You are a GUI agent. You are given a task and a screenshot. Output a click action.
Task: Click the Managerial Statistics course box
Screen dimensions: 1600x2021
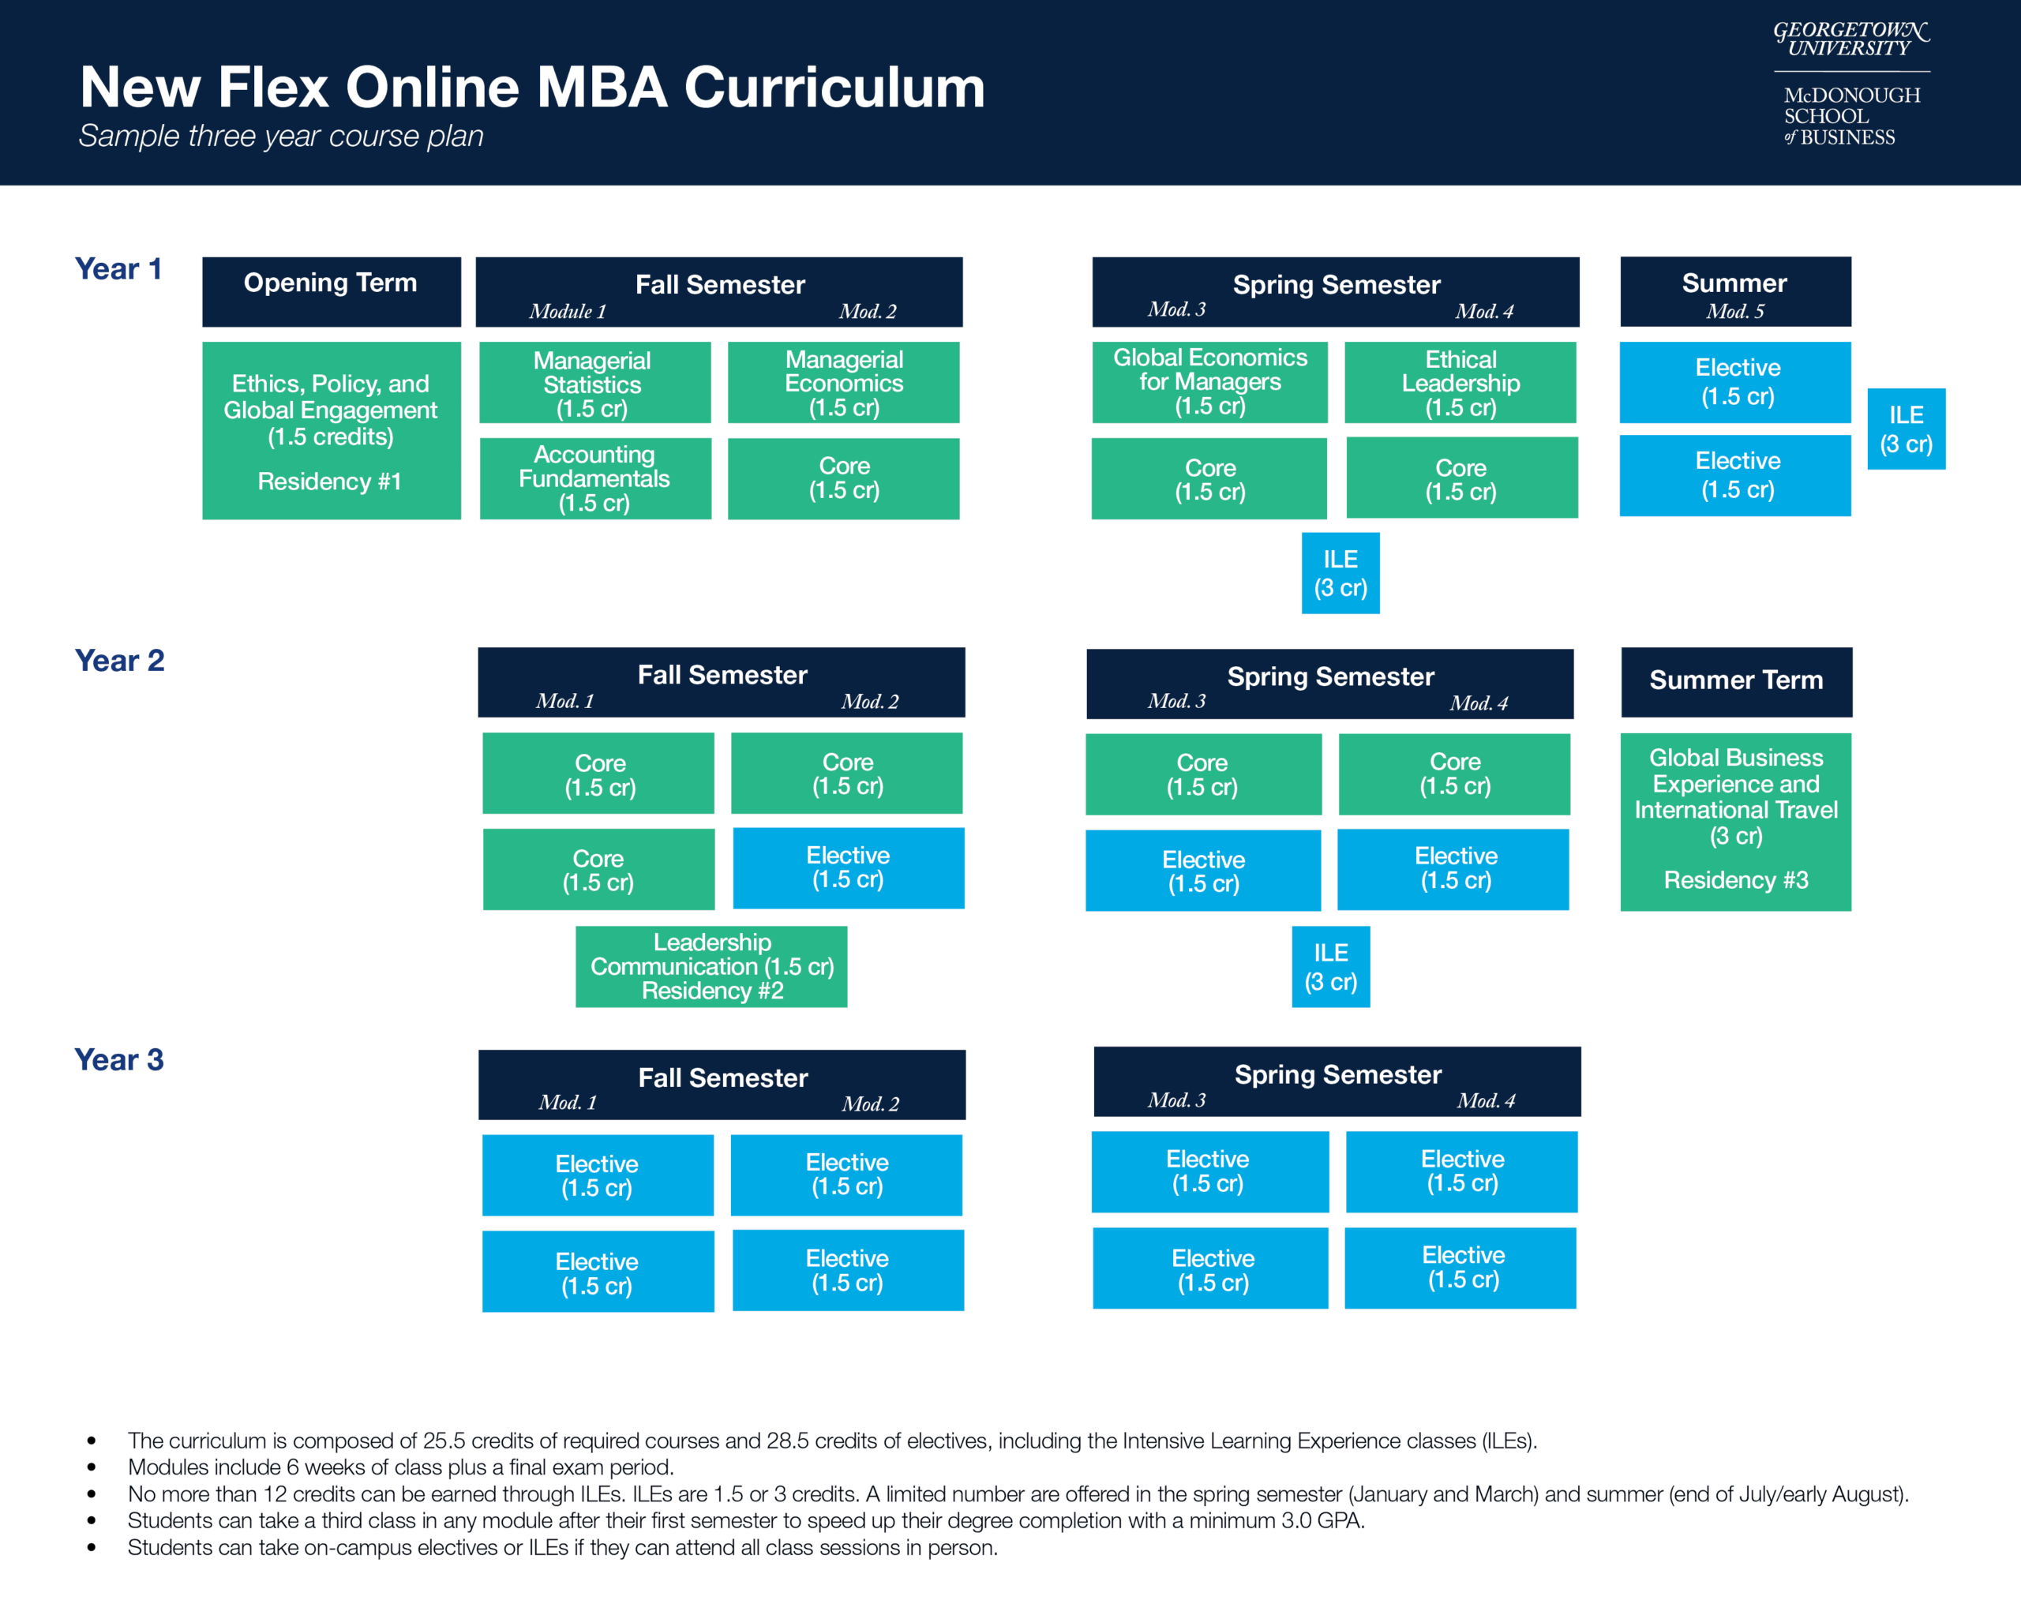[594, 383]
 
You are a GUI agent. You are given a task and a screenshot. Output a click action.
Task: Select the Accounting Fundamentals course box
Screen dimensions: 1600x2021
[595, 478]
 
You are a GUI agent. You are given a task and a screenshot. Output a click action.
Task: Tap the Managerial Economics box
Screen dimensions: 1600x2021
[843, 383]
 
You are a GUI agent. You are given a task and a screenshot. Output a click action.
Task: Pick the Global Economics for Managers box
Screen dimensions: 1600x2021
[1209, 382]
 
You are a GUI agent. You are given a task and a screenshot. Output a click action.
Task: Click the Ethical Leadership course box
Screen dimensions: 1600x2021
[1460, 383]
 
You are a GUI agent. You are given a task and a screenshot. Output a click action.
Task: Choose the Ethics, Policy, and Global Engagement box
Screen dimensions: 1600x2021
[331, 430]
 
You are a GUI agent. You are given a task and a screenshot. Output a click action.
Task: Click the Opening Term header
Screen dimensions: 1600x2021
[331, 291]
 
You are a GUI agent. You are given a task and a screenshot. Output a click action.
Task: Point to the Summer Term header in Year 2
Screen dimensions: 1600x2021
[1736, 681]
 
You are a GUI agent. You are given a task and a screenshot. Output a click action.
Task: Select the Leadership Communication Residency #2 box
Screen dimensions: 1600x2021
[711, 967]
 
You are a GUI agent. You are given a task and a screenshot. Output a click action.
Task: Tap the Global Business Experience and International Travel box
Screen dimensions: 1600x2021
[1735, 822]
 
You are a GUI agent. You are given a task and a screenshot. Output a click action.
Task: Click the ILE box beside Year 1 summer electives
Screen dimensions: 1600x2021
[1906, 429]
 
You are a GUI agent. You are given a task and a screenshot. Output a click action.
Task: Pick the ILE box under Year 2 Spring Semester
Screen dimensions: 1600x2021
[1330, 967]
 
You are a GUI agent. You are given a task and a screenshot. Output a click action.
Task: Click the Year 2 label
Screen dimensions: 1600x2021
[119, 661]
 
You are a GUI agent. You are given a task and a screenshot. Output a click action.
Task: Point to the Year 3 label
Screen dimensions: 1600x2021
[119, 1059]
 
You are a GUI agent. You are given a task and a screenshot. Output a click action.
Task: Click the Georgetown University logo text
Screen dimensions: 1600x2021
[1850, 40]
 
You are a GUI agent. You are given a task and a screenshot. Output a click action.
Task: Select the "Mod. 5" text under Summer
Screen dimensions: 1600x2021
[1734, 311]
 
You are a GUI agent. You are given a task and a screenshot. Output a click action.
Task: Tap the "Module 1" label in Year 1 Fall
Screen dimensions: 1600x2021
[567, 311]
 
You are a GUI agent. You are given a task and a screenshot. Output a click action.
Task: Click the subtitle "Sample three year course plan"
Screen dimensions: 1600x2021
[281, 137]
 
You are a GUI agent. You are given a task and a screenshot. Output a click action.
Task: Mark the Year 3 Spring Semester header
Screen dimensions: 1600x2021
[1337, 1081]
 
